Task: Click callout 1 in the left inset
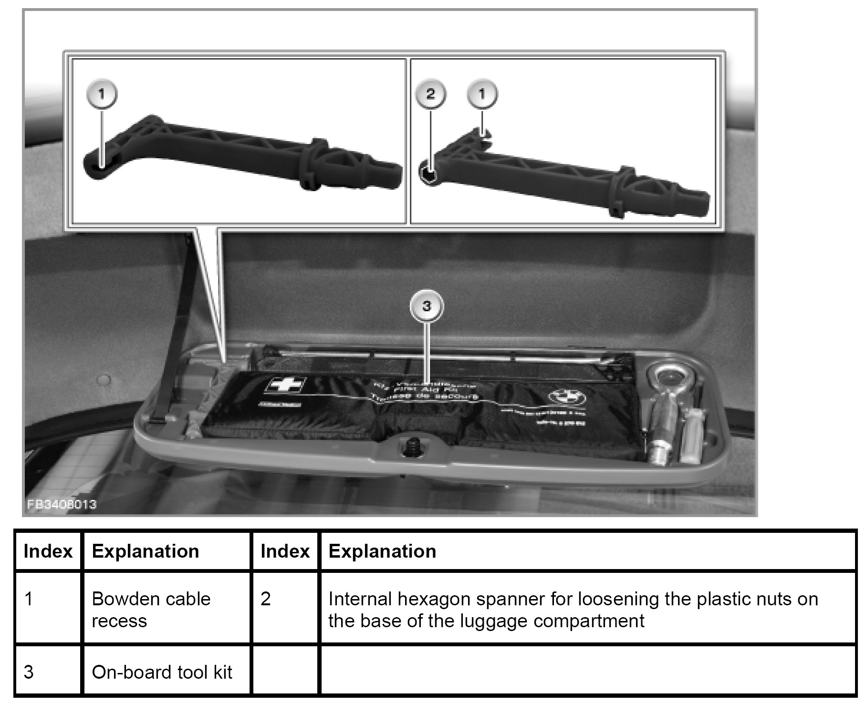click(x=101, y=93)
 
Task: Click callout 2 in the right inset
click(x=430, y=93)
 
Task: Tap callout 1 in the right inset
click(x=482, y=93)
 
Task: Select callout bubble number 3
click(x=427, y=306)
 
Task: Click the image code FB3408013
click(x=62, y=504)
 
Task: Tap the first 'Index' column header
click(x=48, y=551)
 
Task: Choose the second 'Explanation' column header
click(x=382, y=551)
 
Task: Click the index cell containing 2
click(x=266, y=599)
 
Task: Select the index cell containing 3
click(x=29, y=672)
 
